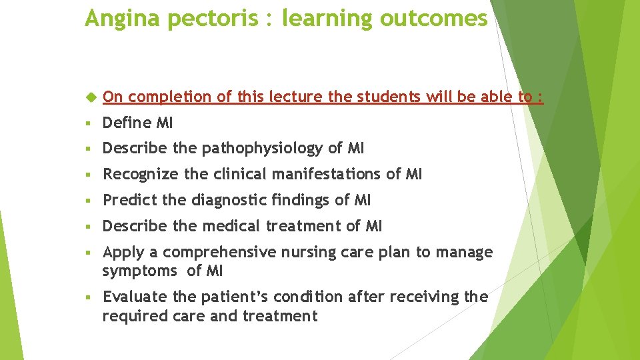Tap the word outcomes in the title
tap(433, 19)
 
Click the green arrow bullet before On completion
tap(91, 97)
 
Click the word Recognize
tap(141, 174)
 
